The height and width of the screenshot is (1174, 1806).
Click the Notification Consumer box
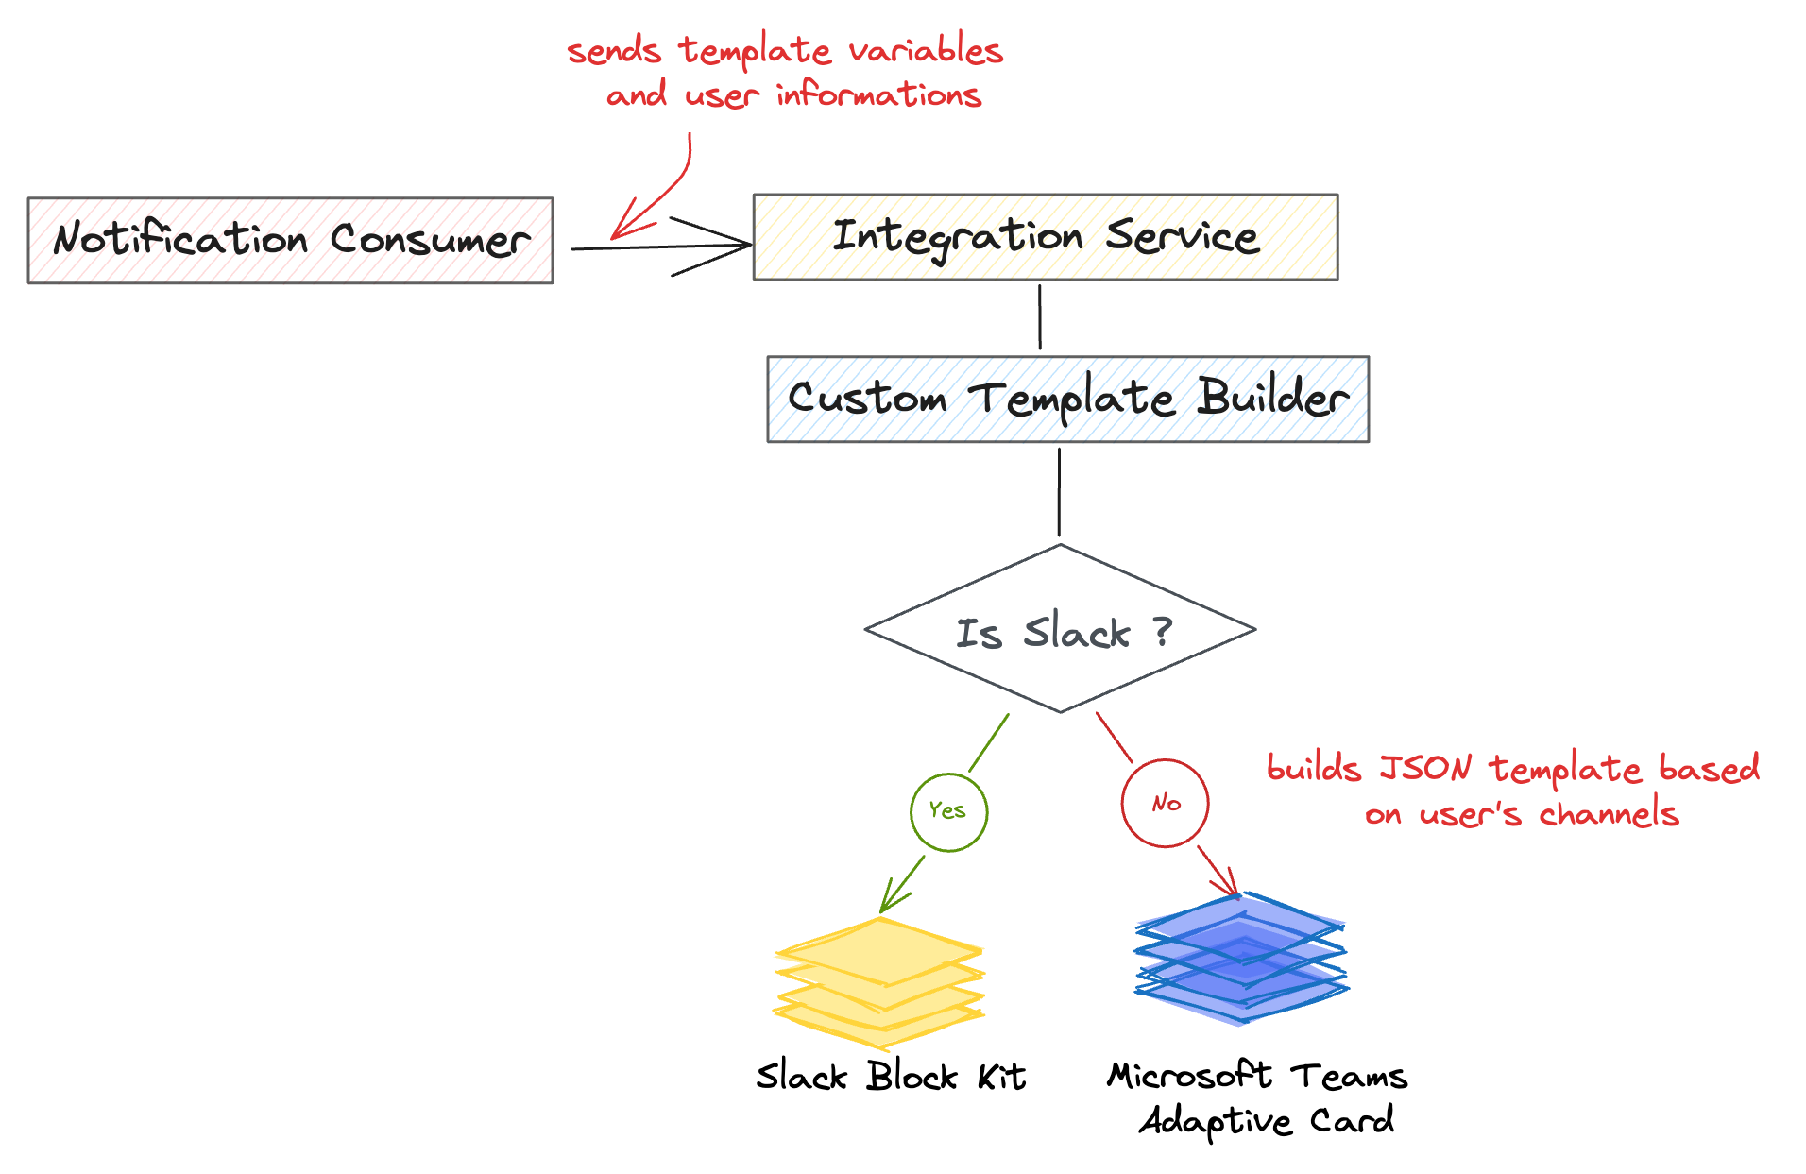[x=290, y=241]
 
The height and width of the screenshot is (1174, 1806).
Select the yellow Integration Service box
[x=1045, y=237]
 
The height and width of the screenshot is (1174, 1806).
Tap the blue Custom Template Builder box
[x=1067, y=400]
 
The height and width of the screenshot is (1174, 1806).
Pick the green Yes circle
[x=948, y=811]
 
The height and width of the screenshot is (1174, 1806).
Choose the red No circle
[x=1165, y=803]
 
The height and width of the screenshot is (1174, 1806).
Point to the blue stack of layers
[x=1241, y=959]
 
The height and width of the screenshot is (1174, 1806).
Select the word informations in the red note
[x=878, y=95]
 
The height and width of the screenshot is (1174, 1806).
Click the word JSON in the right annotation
[x=1424, y=768]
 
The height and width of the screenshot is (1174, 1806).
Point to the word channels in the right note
[x=1609, y=814]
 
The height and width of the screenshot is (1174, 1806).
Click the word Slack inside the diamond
[x=1077, y=632]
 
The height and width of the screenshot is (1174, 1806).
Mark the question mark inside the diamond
[x=1164, y=630]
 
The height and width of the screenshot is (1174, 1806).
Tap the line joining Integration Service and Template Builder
[x=1040, y=317]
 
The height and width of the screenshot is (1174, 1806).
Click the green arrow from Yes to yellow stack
[x=902, y=885]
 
